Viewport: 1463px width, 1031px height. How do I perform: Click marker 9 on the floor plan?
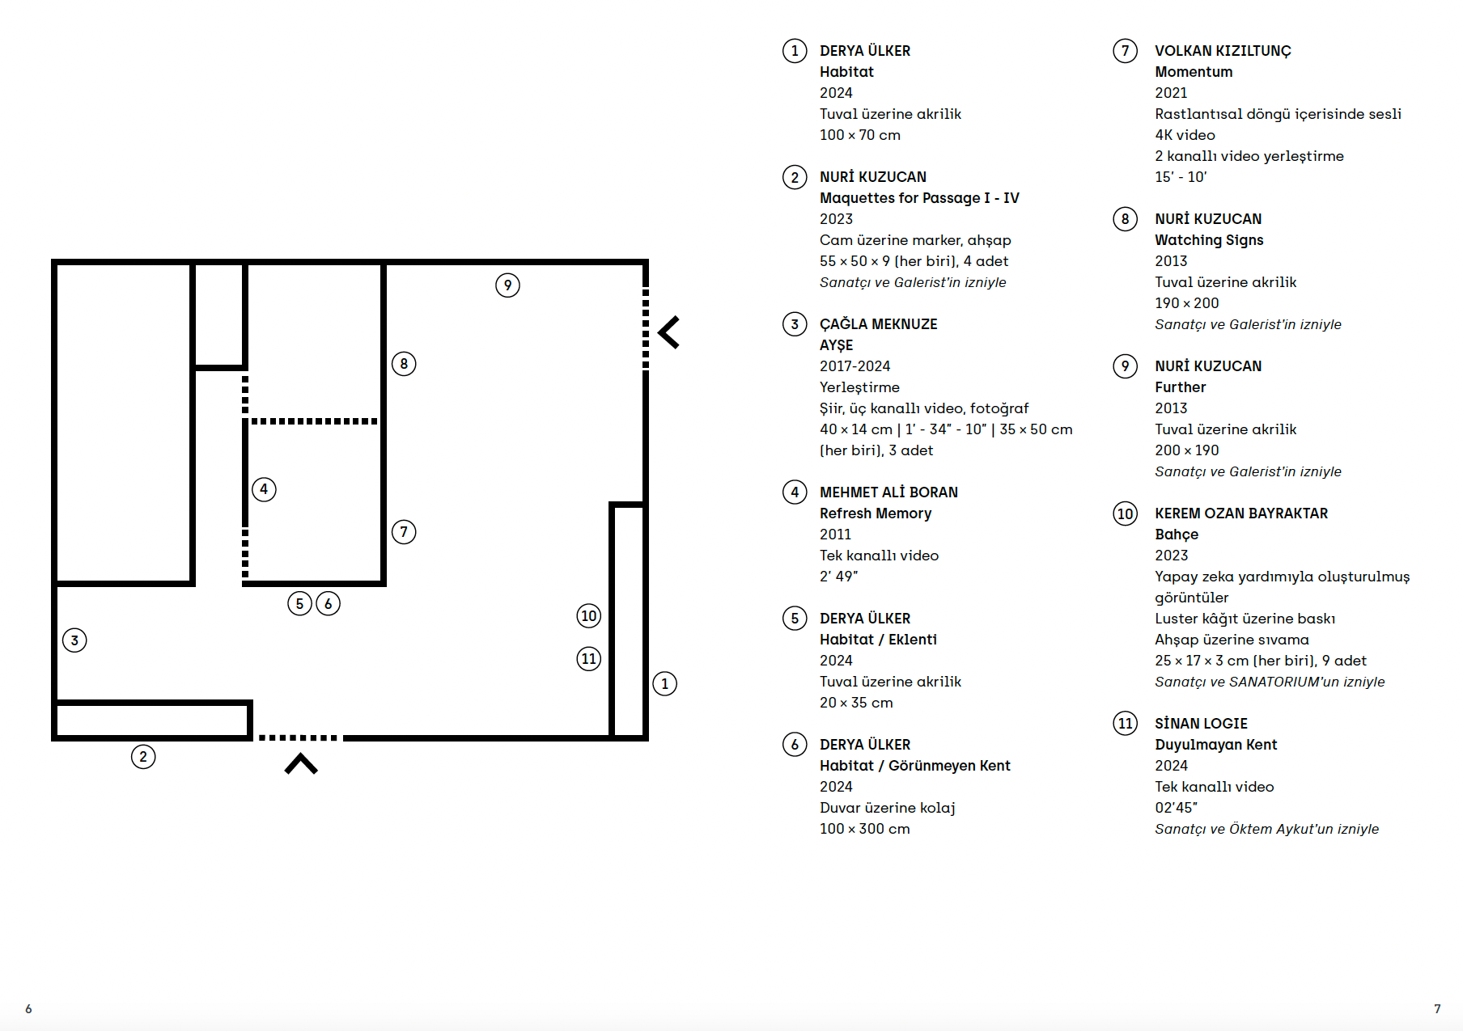tap(507, 285)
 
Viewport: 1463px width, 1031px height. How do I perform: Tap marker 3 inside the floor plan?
tap(74, 640)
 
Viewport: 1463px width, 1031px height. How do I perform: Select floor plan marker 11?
tap(589, 659)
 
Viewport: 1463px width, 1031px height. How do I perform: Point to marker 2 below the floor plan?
tap(143, 757)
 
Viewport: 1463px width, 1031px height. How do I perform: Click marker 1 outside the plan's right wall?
tap(665, 684)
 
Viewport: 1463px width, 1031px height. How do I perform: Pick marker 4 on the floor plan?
tap(264, 489)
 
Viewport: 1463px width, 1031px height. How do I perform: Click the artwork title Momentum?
tap(1194, 72)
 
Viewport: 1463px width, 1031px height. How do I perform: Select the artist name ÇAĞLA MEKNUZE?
tap(878, 323)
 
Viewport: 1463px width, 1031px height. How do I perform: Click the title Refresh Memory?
tap(876, 513)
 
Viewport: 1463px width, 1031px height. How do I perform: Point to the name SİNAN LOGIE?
tap(1201, 723)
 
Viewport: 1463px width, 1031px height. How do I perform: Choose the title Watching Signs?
tap(1209, 240)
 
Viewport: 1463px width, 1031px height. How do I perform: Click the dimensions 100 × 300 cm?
tap(864, 829)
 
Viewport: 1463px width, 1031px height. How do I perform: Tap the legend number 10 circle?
tap(1125, 513)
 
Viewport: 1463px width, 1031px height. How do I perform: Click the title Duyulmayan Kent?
tap(1215, 745)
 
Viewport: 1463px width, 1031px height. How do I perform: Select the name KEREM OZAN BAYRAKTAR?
tap(1241, 513)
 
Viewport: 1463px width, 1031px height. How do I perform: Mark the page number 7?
tap(1437, 1008)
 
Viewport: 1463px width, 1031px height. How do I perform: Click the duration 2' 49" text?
tap(838, 577)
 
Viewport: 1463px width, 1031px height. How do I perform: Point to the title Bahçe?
tap(1177, 535)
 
